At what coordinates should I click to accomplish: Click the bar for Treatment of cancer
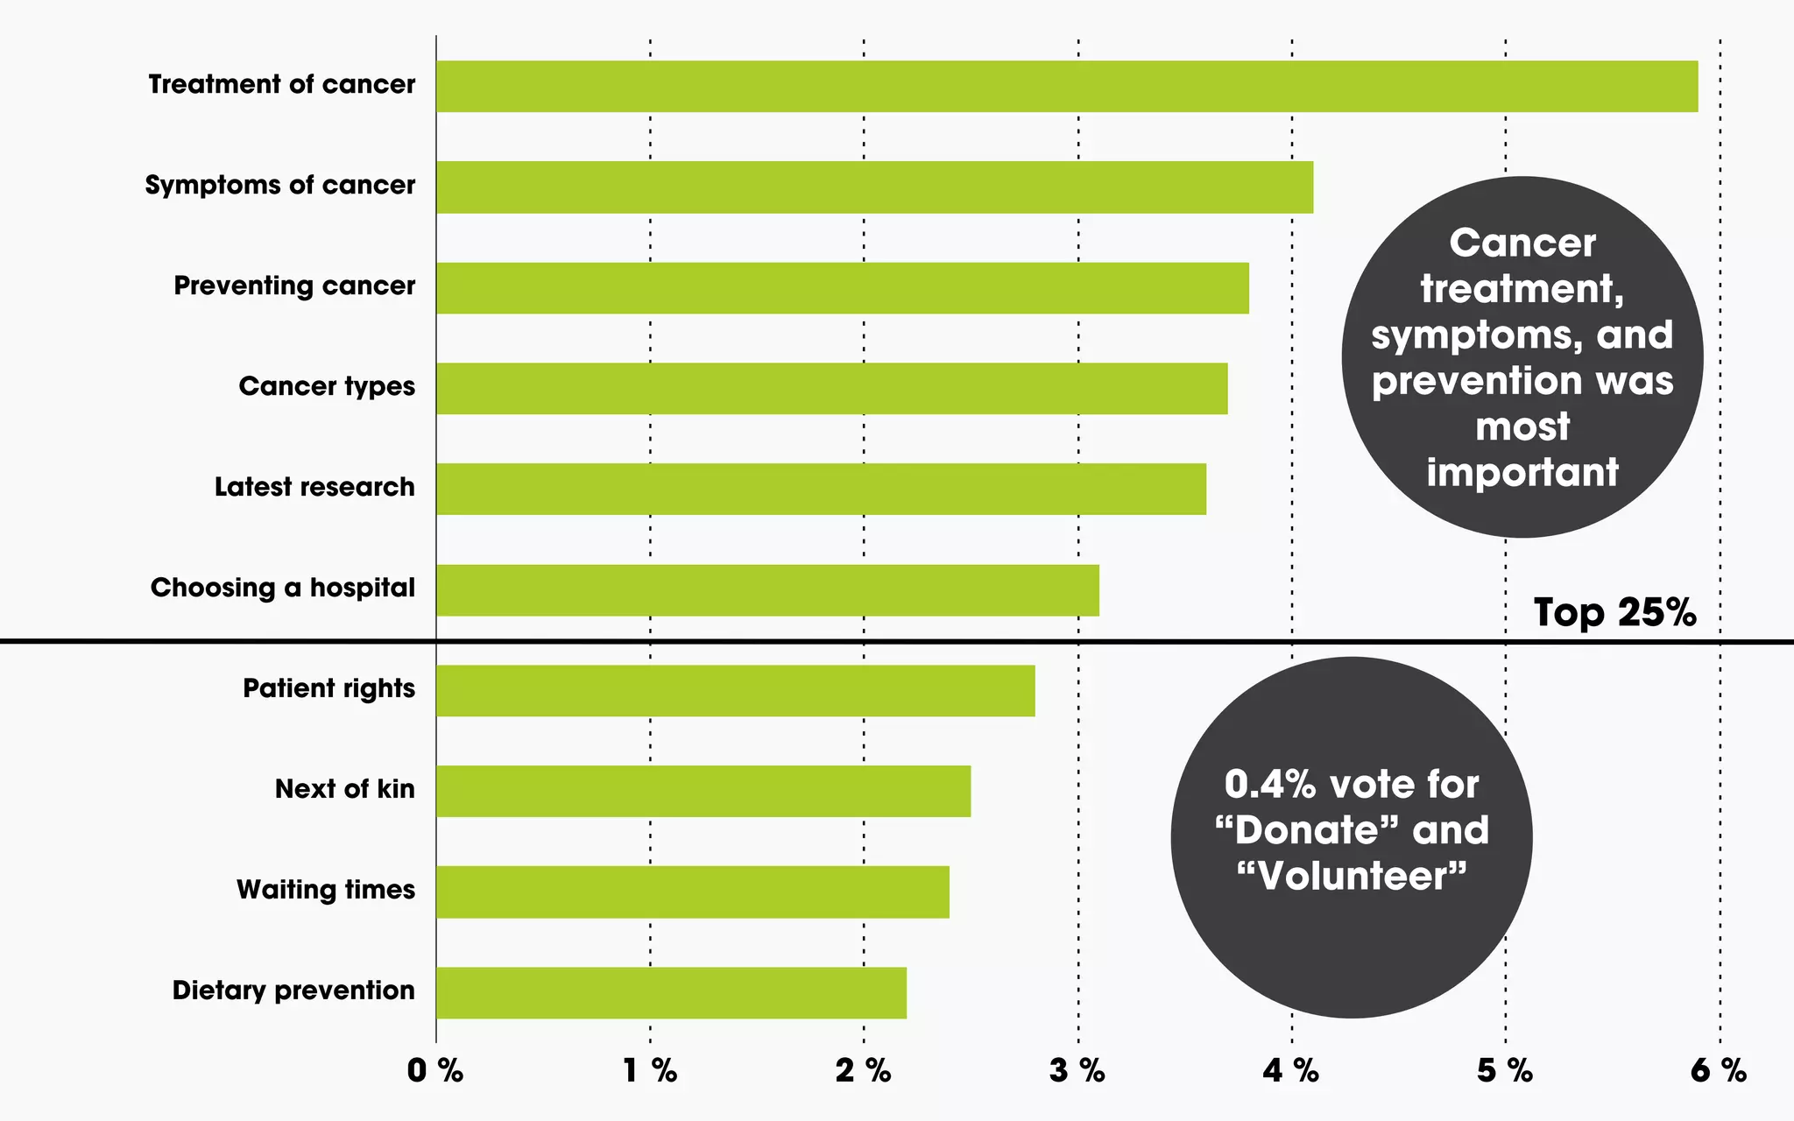tap(1066, 87)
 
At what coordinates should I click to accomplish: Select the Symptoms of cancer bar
tap(874, 187)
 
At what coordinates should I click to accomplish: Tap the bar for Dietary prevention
tap(671, 993)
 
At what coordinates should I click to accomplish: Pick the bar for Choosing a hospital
tap(767, 590)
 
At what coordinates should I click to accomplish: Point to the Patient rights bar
tap(735, 691)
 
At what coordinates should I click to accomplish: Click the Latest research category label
tap(314, 487)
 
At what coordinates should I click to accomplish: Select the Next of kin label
tap(344, 789)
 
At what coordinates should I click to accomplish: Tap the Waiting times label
tap(325, 890)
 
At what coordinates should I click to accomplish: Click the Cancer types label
tap(327, 386)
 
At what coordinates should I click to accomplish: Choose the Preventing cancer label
tap(294, 286)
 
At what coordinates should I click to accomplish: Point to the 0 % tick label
tap(435, 1070)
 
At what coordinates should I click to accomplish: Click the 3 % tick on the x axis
tap(1077, 1070)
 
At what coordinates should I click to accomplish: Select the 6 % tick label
tap(1719, 1070)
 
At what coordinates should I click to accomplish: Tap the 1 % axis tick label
tap(650, 1070)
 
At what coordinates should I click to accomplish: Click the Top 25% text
tap(1614, 612)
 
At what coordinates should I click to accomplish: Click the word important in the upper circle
tap(1522, 473)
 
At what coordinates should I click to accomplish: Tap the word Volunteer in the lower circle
tap(1352, 876)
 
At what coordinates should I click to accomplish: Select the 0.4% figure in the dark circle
tap(1269, 784)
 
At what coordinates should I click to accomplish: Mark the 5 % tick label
tap(1505, 1070)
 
